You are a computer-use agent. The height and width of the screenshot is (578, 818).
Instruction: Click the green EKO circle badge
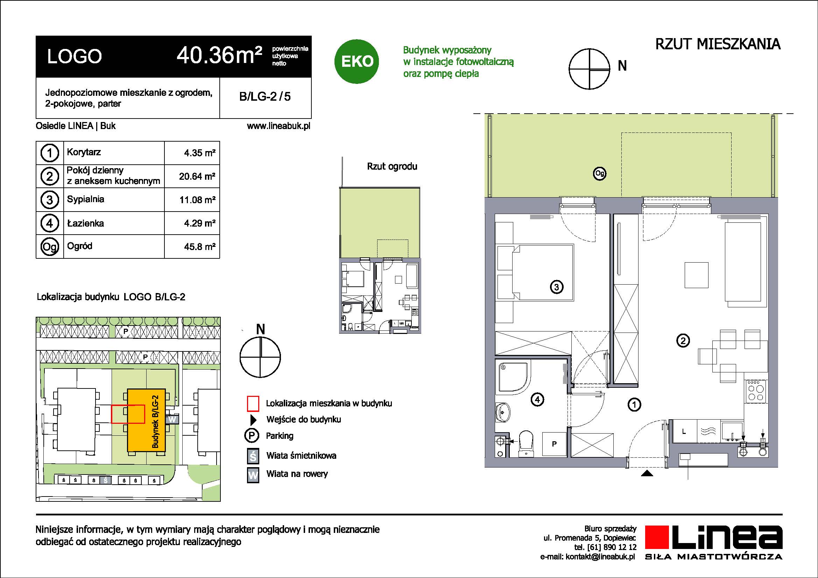tap(357, 61)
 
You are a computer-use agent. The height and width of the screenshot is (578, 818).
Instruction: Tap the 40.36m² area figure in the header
tap(219, 56)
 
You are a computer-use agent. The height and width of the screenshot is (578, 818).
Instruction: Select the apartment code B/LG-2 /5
tap(265, 97)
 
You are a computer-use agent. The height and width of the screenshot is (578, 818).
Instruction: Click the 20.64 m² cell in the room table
tap(197, 176)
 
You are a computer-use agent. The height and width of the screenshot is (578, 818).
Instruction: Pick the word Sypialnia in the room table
tap(85, 199)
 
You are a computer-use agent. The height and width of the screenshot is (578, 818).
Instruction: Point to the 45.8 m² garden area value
tap(200, 247)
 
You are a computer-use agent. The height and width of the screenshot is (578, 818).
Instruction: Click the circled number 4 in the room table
tap(50, 223)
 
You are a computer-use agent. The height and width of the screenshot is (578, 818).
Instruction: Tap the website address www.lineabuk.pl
tap(278, 126)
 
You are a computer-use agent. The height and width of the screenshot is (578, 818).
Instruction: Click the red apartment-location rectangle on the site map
tap(128, 414)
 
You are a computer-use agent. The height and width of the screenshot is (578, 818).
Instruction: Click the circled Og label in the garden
tap(600, 173)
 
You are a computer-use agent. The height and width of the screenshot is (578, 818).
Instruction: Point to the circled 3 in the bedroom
tap(557, 287)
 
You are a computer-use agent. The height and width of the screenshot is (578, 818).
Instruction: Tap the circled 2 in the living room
tap(683, 341)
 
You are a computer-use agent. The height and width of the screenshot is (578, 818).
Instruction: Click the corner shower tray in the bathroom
tap(512, 377)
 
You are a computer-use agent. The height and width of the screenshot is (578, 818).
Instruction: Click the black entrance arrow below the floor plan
tap(647, 473)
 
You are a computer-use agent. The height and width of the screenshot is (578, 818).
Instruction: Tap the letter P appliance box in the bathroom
tap(554, 444)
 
